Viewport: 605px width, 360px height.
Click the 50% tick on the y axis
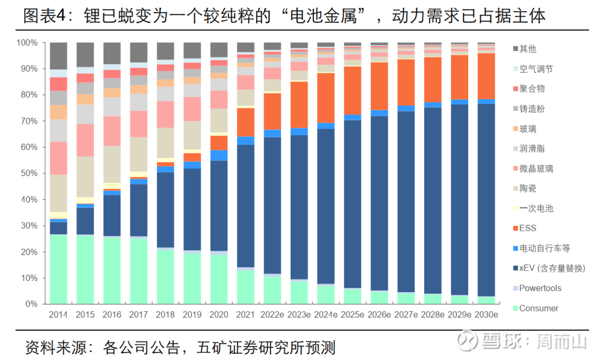pos(29,173)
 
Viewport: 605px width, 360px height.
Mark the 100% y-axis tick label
pos(27,43)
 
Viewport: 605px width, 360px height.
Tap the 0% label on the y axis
pos(31,304)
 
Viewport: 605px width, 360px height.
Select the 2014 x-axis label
pos(58,315)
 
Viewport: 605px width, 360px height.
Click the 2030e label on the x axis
pos(486,315)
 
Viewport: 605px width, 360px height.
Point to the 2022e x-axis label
pos(272,315)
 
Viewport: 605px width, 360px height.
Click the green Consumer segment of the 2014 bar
pos(58,269)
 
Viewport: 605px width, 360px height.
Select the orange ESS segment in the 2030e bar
pos(486,76)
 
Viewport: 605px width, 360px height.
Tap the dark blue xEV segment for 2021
pos(245,206)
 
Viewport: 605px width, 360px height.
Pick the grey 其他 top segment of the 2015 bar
pos(85,55)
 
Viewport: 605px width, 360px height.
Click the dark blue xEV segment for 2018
pos(165,210)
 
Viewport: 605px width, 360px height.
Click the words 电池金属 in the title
pos(324,16)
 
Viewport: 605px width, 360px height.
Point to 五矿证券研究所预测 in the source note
pos(266,347)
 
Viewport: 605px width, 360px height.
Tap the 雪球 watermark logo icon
pos(467,340)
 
